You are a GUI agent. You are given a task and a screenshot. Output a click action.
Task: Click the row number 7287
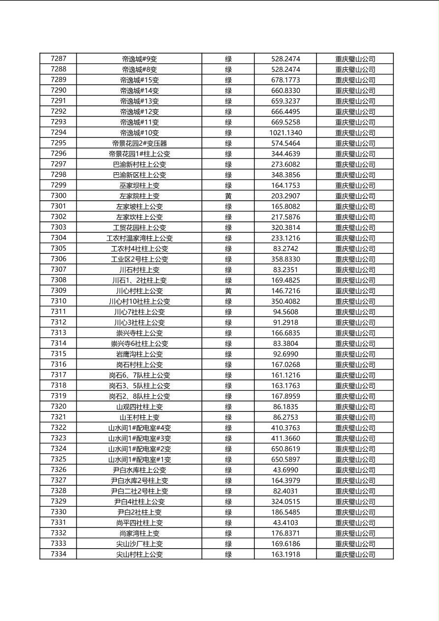point(58,59)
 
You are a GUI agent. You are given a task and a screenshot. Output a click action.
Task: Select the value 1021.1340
point(285,133)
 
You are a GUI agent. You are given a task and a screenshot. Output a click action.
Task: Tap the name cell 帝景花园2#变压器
point(139,143)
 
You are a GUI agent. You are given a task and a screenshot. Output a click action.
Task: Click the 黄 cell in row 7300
point(228,196)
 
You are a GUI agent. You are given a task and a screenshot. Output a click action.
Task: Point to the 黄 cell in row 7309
point(228,291)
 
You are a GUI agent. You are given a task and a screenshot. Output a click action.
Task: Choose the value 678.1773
point(285,80)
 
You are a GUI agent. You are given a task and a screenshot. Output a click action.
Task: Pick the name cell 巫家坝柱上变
point(139,186)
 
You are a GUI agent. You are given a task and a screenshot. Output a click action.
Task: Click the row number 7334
point(58,554)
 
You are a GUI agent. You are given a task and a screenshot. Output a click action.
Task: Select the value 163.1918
point(285,554)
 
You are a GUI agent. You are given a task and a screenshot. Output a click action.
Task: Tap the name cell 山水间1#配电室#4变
point(139,428)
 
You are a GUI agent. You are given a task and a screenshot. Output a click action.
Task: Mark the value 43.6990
point(285,470)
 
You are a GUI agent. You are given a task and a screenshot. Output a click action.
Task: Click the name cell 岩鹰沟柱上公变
point(139,354)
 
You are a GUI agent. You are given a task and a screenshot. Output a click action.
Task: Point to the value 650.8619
point(285,449)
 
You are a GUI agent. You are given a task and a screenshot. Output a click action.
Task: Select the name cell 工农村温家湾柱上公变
point(139,238)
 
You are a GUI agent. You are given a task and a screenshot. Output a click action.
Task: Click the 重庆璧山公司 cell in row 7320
point(355,407)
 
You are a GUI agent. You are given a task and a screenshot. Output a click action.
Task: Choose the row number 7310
point(58,301)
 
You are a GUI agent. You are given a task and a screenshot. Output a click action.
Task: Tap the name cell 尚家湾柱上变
point(139,533)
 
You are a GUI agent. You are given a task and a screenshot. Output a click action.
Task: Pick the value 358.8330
point(285,259)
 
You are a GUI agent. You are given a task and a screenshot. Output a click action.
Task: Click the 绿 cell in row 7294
point(228,133)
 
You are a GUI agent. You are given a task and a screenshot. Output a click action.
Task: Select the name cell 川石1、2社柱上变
point(139,280)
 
